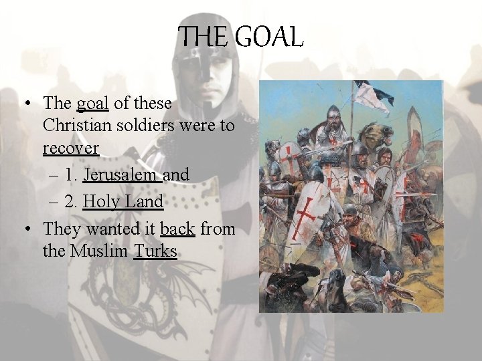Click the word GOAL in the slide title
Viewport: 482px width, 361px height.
pyautogui.click(x=270, y=37)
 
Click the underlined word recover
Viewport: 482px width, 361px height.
pyautogui.click(x=71, y=148)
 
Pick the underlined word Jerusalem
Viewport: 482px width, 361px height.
pyautogui.click(x=121, y=174)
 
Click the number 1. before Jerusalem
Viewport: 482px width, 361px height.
pyautogui.click(x=72, y=174)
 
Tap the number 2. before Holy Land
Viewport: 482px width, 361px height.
pyautogui.click(x=72, y=201)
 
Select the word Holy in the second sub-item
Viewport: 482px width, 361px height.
pyautogui.click(x=99, y=201)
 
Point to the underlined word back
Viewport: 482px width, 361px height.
pyautogui.click(x=177, y=229)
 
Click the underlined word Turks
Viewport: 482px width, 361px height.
pyautogui.click(x=155, y=251)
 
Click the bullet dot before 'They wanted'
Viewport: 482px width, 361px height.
pyautogui.click(x=27, y=229)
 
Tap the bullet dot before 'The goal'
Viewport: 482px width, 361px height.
pyautogui.click(x=27, y=104)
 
